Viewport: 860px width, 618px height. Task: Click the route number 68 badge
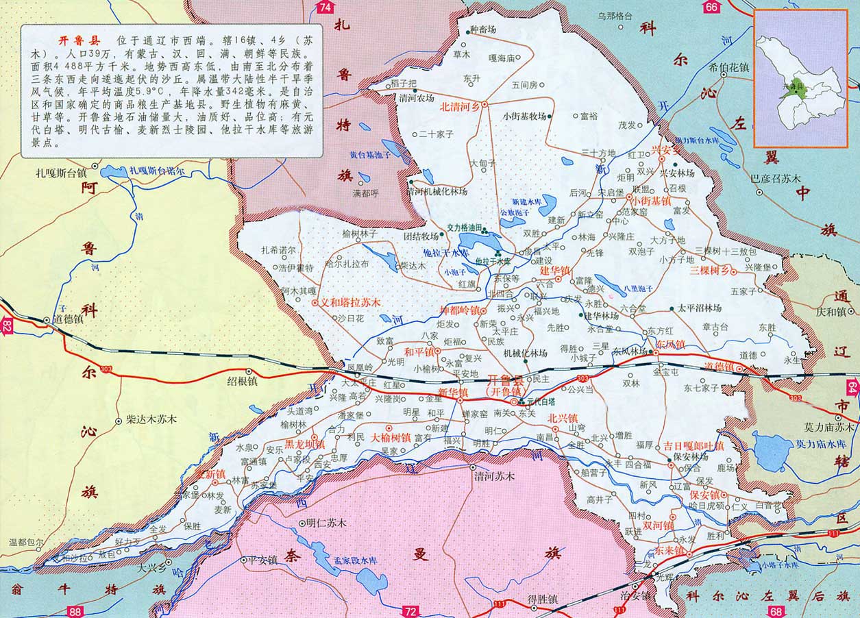775,611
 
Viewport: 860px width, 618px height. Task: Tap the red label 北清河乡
459,106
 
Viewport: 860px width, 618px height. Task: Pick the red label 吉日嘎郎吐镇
693,445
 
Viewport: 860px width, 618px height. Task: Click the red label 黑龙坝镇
305,444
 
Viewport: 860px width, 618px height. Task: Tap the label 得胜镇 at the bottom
543,599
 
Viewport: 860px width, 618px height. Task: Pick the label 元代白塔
541,402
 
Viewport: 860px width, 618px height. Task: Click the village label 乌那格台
615,16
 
